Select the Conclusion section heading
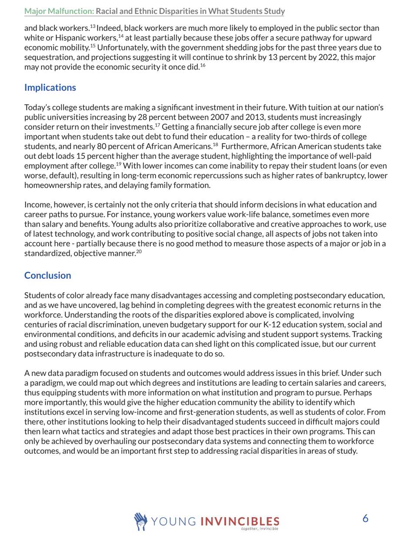click(x=47, y=275)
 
